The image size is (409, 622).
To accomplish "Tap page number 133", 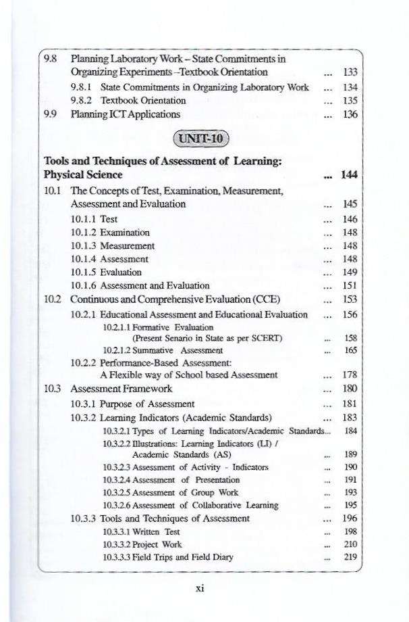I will (350, 72).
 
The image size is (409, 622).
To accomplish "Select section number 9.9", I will (50, 114).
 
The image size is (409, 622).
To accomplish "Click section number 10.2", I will (53, 300).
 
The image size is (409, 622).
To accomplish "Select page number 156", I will (350, 314).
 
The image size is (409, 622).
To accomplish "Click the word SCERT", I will (266, 338).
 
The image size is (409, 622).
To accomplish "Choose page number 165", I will (350, 351).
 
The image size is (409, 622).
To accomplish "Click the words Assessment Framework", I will (121, 389).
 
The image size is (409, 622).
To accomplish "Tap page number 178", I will (350, 375).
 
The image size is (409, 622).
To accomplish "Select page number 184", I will (350, 430).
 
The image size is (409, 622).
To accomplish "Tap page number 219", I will (350, 558).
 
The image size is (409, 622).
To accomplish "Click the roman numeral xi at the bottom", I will (200, 588).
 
